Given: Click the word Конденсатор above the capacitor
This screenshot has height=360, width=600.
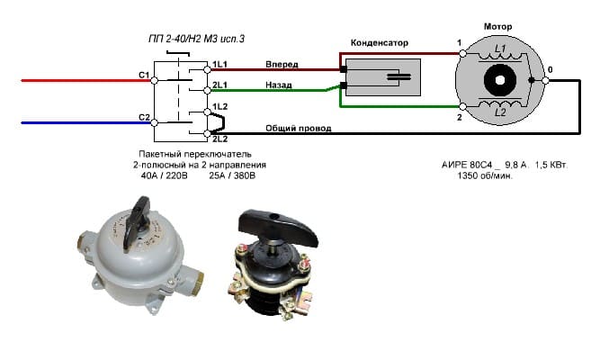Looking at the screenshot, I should tap(379, 42).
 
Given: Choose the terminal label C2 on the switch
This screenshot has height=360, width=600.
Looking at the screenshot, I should tap(143, 118).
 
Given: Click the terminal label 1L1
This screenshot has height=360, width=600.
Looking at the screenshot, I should tap(219, 66).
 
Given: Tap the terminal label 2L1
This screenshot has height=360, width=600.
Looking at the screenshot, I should tap(219, 86).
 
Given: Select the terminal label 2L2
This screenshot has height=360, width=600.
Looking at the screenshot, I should tap(219, 139).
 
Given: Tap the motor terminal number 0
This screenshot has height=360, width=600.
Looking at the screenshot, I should tap(551, 69).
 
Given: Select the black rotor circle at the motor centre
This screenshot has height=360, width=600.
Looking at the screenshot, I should tap(497, 82).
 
